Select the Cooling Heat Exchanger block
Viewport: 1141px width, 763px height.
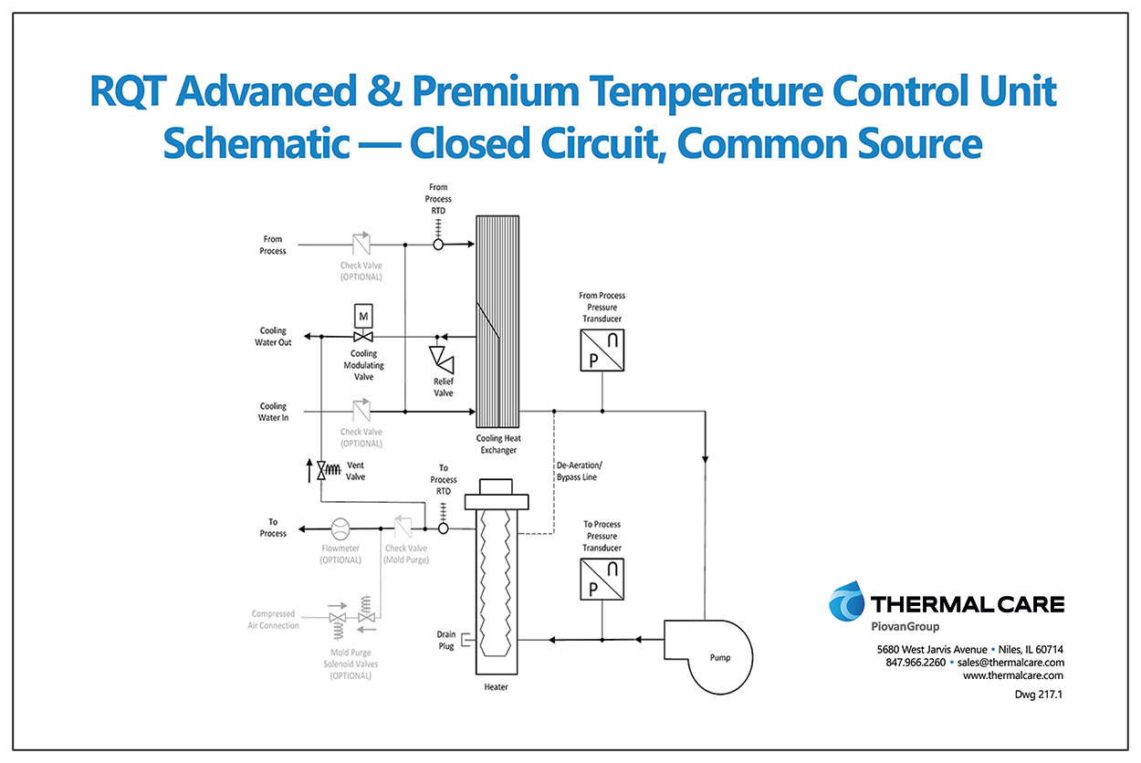coord(497,321)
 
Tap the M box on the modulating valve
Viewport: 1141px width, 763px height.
coord(363,316)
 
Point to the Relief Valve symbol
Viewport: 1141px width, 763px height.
coord(442,359)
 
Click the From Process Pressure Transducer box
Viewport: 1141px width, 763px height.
coord(602,350)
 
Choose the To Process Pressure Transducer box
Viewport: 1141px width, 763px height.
coord(602,580)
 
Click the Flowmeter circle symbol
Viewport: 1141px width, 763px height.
coord(340,528)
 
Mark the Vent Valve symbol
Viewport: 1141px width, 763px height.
coord(328,470)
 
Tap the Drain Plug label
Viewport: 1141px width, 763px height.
coord(446,641)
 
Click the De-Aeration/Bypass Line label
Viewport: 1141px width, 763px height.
coord(579,471)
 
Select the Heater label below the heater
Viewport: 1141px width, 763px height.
coord(497,686)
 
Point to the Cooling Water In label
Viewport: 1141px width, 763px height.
coord(273,412)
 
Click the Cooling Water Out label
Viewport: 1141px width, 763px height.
coord(273,336)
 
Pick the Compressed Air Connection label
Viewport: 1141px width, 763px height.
coord(273,620)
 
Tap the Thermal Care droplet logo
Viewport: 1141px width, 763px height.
coord(846,601)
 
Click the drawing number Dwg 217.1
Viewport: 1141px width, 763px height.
coord(1039,695)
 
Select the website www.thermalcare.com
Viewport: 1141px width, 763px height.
coord(1012,675)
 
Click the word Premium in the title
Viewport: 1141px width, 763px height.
coord(496,91)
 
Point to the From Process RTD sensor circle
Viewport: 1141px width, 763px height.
coord(438,245)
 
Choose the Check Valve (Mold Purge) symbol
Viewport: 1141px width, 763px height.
coord(403,527)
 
